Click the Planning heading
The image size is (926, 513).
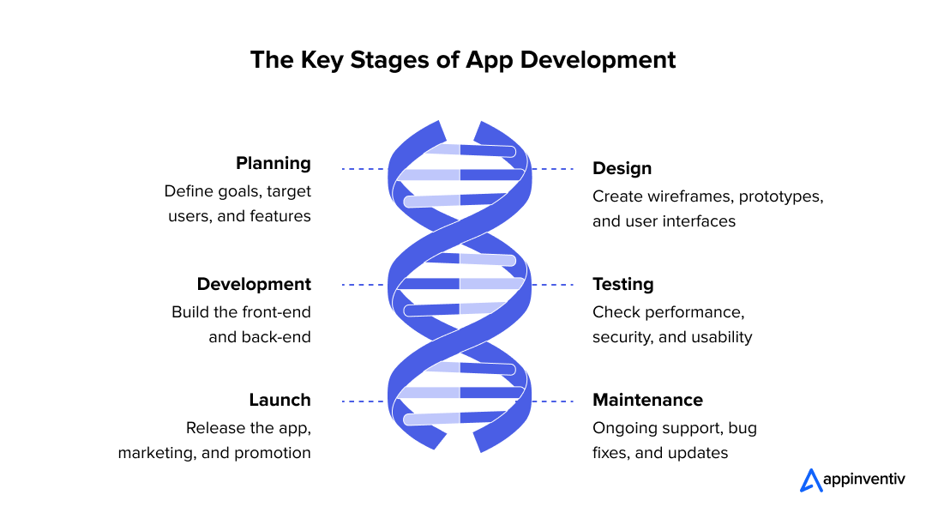[273, 163]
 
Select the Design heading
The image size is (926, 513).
[622, 168]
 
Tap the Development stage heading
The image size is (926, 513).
[254, 284]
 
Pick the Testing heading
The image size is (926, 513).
[622, 284]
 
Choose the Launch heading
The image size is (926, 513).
[280, 400]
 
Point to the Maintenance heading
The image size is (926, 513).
[647, 400]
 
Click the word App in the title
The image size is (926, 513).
[490, 60]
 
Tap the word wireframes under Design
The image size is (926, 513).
[684, 196]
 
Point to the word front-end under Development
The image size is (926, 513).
[275, 311]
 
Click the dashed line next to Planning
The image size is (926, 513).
[363, 169]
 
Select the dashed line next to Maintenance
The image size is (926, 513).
[553, 401]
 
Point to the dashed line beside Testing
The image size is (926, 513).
[553, 285]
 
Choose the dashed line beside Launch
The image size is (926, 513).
[363, 401]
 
